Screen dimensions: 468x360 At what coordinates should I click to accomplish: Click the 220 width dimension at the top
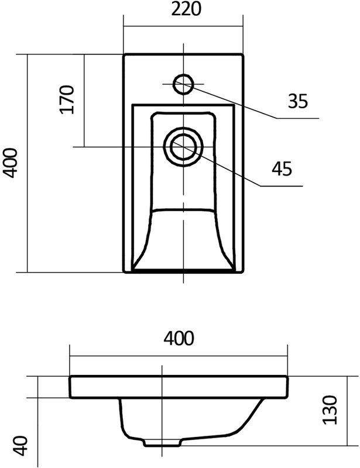183,10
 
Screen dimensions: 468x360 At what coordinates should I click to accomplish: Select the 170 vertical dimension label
67,99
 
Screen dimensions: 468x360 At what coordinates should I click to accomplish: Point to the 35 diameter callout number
297,102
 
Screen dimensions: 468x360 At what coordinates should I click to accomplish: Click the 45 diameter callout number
282,168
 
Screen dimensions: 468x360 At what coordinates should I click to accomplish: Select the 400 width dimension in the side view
179,338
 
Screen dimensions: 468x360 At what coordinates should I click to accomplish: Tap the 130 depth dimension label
331,409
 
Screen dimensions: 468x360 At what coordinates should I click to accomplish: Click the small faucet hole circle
183,84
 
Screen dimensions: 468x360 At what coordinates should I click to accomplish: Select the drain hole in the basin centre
183,144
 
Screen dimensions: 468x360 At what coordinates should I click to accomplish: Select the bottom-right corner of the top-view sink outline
242,272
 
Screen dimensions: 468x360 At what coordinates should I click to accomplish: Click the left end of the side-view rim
70,387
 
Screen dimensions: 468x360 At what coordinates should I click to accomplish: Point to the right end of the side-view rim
287,387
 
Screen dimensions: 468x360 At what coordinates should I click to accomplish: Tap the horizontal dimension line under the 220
183,26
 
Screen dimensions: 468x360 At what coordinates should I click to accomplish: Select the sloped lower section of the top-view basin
183,240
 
